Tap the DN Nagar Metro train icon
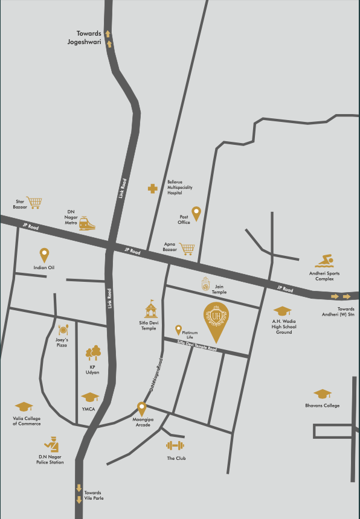coord(86,224)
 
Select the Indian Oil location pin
coord(44,255)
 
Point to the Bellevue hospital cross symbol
coord(153,189)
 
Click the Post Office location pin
coord(196,213)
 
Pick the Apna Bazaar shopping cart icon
coord(187,248)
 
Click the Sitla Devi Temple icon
coord(151,310)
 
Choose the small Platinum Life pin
coord(178,330)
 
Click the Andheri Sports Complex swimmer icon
coord(324,261)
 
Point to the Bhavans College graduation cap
coord(323,394)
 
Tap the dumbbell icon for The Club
coord(175,446)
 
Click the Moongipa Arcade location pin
coord(142,409)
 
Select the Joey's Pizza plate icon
coord(63,330)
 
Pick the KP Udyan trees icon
coord(93,352)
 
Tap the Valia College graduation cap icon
coord(24,407)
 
